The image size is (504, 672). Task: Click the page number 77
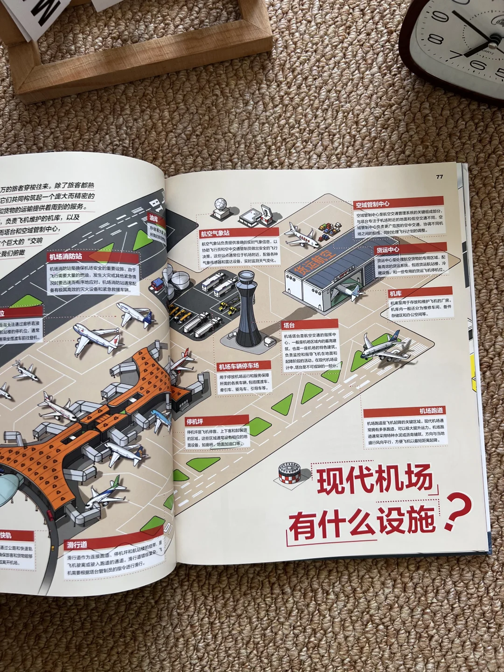tap(439, 176)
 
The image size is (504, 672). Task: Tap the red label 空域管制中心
tap(372, 204)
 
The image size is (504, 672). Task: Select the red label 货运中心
tap(388, 250)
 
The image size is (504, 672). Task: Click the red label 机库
tap(396, 293)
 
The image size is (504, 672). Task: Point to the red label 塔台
tap(289, 325)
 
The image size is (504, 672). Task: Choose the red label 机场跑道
tap(431, 411)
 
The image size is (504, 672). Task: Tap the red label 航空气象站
tap(215, 233)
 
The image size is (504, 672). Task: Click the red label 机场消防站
tap(66, 257)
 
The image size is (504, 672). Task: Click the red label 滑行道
tap(77, 545)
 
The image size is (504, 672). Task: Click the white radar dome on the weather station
tap(220, 205)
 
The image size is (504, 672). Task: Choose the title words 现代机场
tap(375, 480)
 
